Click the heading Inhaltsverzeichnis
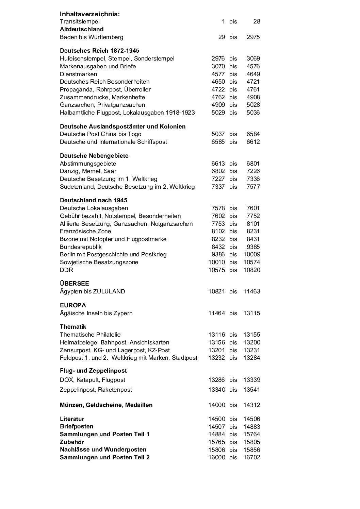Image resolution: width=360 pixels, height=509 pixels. coord(90,14)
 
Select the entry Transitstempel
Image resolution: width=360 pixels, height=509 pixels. coord(80,21)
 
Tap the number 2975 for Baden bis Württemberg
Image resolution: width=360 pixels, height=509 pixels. coord(253,37)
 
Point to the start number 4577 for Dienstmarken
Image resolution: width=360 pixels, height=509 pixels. coord(218,74)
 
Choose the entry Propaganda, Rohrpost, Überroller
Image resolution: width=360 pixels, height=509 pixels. coord(105,89)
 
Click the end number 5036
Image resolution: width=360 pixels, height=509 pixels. coord(253,113)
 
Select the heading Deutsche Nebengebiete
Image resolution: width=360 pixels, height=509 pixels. coord(94,156)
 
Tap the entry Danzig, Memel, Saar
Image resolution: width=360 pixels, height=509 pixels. coord(88,171)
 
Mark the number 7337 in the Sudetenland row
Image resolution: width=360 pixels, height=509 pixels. coord(218,187)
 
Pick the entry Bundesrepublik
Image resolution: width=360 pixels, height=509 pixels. coord(81,247)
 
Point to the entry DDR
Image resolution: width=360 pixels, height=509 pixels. coord(66,270)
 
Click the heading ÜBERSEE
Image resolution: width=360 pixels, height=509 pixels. coord(74,284)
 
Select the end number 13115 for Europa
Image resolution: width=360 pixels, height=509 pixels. coord(251,313)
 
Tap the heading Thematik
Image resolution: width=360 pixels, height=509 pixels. coord(73,327)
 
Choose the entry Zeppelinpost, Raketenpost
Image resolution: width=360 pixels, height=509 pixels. coord(96,390)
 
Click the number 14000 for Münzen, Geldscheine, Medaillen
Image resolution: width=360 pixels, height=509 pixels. coord(216,405)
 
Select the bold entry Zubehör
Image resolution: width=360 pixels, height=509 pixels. coord(72,442)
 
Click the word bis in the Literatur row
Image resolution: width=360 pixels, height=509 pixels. coord(233,419)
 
